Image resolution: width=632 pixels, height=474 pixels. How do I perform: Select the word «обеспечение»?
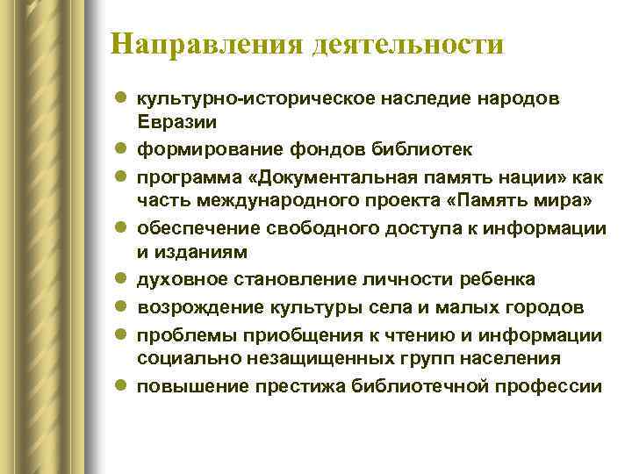point(195,228)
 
